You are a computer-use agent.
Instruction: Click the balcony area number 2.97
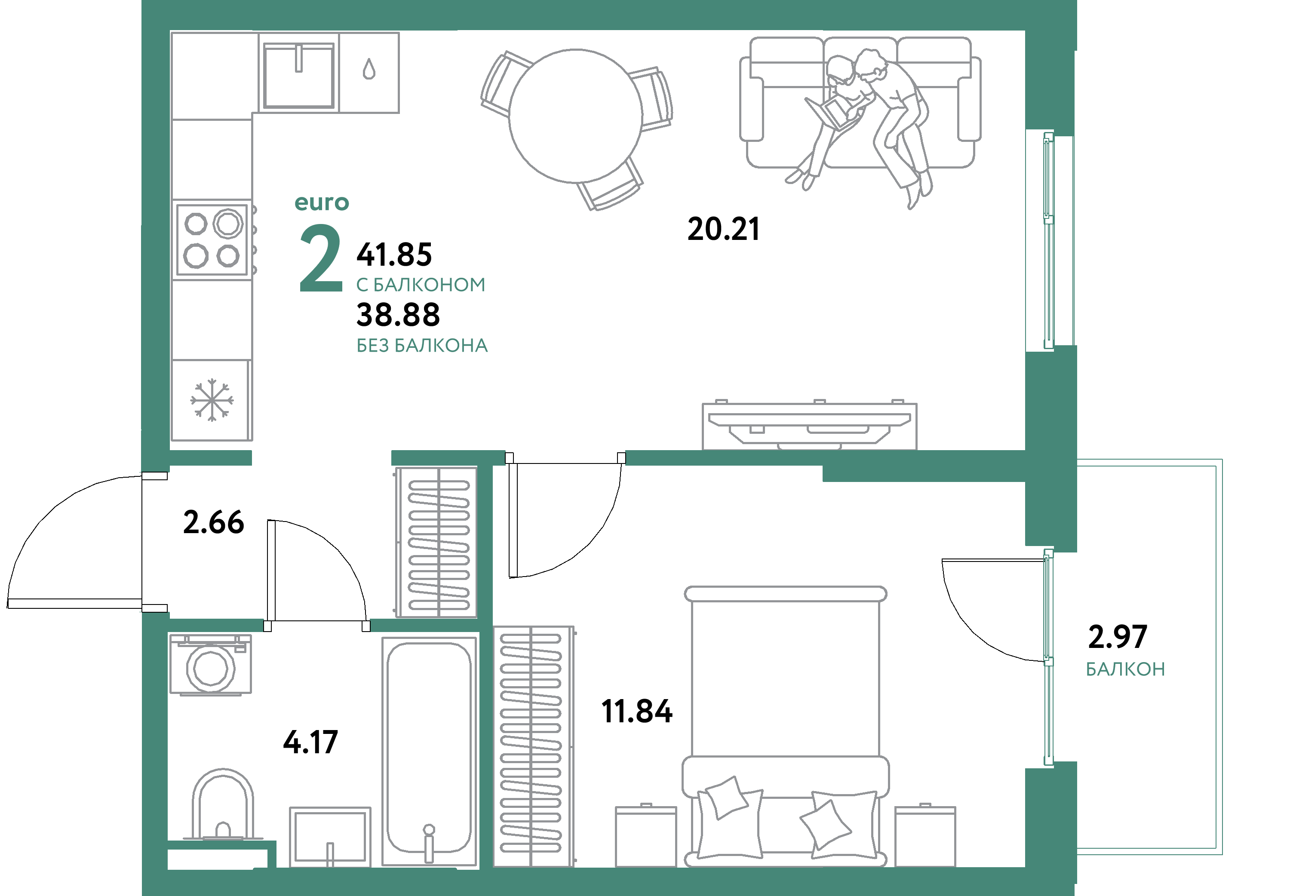pos(1117,637)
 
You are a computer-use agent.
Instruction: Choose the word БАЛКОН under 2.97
pos(1125,669)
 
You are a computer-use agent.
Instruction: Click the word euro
pos(322,203)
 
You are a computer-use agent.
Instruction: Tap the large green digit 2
pos(320,258)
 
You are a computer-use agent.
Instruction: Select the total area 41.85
pos(394,255)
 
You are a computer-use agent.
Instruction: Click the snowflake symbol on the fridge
pos(212,400)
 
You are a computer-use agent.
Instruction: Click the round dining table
pos(575,116)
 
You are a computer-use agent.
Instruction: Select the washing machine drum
pos(211,668)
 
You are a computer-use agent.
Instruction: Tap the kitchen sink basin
pos(299,76)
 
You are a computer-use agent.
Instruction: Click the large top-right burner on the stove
pos(228,224)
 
